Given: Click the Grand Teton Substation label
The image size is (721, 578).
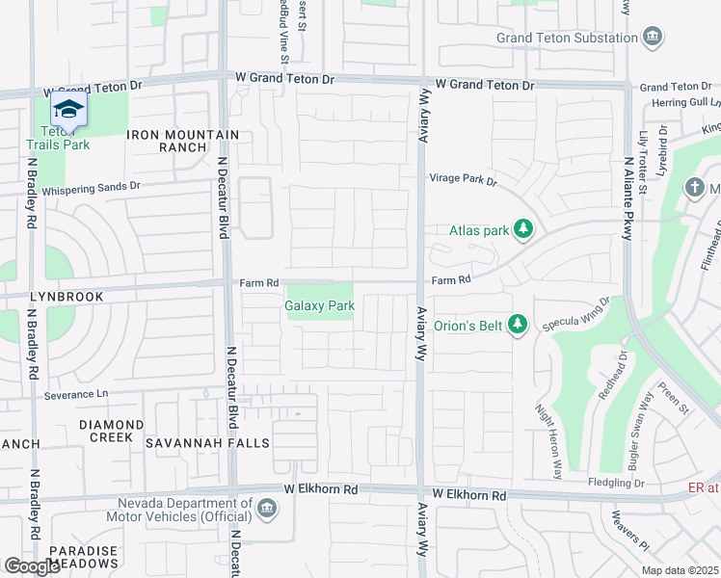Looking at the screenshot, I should click(x=567, y=39).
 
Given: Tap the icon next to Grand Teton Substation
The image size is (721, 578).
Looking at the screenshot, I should click(x=654, y=38).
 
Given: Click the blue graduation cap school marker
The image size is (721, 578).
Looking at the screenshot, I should click(x=68, y=109).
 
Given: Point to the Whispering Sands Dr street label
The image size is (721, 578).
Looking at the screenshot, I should click(x=92, y=185).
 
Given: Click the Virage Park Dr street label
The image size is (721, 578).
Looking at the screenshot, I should click(x=463, y=179).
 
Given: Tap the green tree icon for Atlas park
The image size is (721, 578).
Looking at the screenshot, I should click(x=522, y=229).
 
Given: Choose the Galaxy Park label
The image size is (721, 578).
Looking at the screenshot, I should click(x=319, y=306).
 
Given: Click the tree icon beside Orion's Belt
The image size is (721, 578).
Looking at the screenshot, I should click(x=518, y=325).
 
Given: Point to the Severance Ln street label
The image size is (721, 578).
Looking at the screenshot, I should click(x=76, y=395).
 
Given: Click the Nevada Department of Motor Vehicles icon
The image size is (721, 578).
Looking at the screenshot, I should click(x=267, y=505).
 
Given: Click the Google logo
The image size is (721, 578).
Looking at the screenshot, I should click(x=32, y=566).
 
